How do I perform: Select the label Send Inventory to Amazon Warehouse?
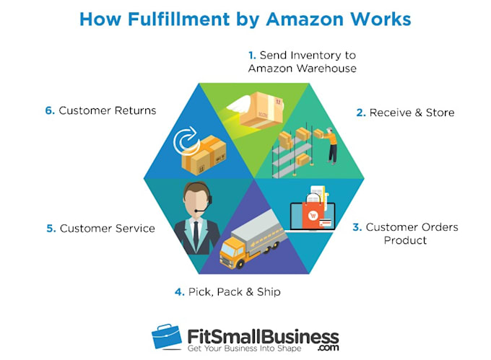[x=302, y=62]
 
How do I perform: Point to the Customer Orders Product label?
[x=405, y=233]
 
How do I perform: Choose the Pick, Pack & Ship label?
[x=227, y=292]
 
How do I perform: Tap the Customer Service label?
[x=100, y=228]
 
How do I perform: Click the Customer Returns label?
[x=100, y=110]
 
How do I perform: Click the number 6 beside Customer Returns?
[x=48, y=110]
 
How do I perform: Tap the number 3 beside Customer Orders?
[x=357, y=227]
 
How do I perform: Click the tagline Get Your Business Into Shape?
[x=246, y=348]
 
